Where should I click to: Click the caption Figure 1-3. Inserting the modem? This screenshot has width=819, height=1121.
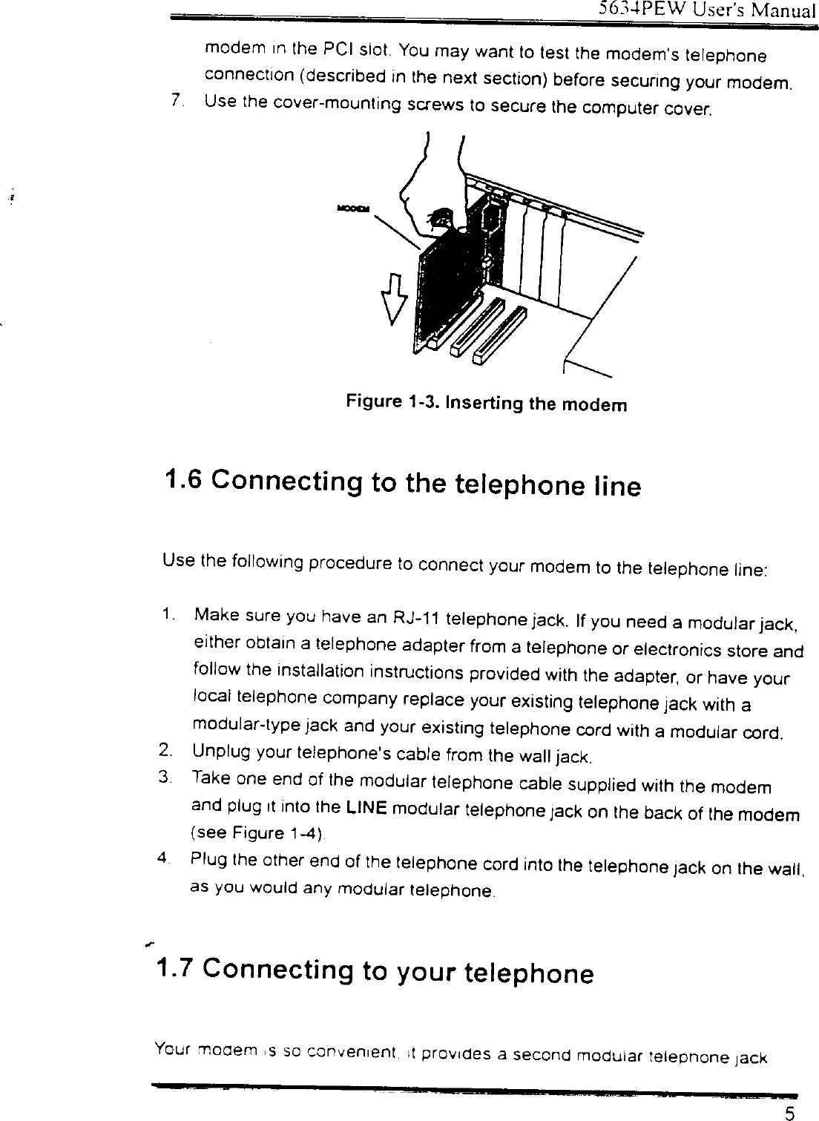pos(486,404)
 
